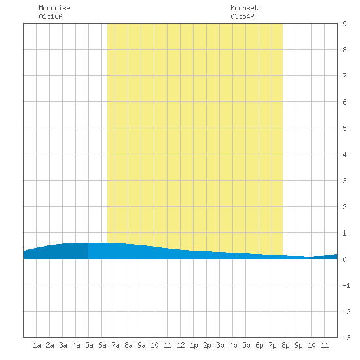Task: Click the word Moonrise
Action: tap(54, 8)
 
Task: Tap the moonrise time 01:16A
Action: tap(50, 16)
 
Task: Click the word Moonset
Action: tap(244, 8)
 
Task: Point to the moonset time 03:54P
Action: tap(242, 16)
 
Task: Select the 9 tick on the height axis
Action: tap(344, 24)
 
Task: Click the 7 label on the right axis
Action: tap(344, 76)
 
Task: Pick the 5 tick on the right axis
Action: tap(344, 128)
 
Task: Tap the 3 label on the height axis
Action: tap(344, 181)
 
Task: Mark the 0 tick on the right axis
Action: tap(344, 259)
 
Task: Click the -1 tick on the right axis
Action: tap(346, 285)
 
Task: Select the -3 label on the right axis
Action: tap(346, 338)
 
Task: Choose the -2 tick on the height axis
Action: tap(346, 312)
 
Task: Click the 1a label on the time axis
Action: tap(37, 345)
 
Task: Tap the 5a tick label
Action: tap(89, 345)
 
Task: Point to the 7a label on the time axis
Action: tap(115, 345)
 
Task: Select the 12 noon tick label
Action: tap(181, 345)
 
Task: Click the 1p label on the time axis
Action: tap(194, 345)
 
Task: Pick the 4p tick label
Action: tap(233, 345)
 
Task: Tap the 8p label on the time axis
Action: tap(285, 345)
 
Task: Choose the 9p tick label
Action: tap(298, 345)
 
